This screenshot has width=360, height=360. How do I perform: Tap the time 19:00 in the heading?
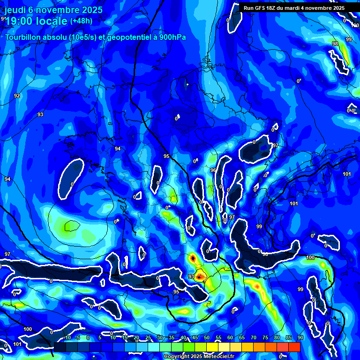(21, 21)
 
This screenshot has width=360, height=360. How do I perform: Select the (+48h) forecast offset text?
(81, 21)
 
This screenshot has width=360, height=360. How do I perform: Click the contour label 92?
(17, 96)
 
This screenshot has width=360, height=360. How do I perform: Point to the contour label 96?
(213, 170)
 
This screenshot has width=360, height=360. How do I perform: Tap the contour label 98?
(335, 44)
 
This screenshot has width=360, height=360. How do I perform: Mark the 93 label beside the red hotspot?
(191, 277)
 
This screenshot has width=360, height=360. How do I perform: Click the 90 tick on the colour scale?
(300, 338)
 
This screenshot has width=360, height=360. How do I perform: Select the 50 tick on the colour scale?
(206, 338)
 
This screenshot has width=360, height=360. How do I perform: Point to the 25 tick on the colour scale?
(148, 338)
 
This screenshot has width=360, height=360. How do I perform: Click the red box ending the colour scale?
(294, 347)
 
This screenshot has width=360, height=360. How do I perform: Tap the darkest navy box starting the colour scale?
(60, 347)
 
